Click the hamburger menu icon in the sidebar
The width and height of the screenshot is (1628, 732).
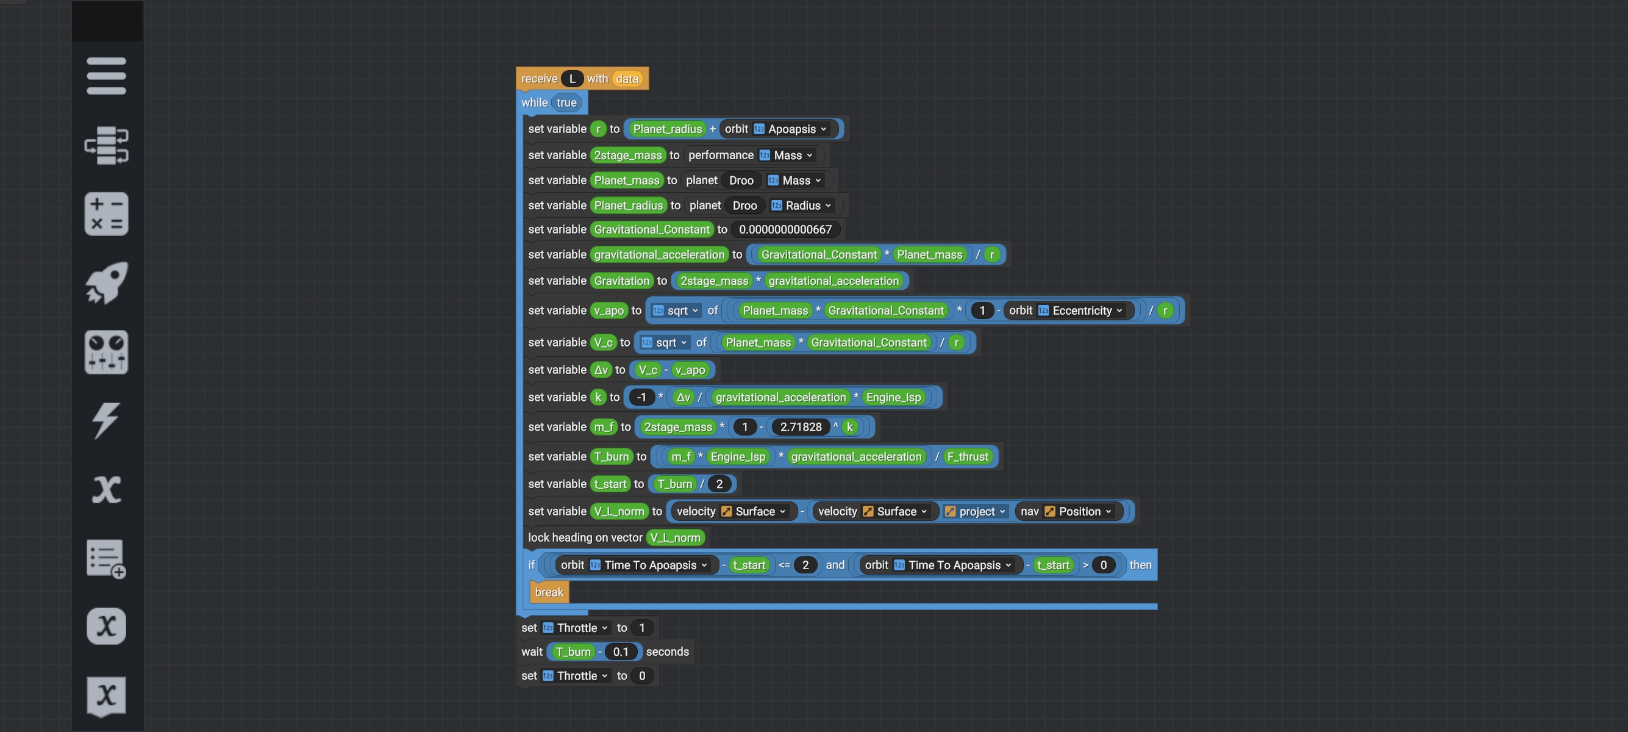pyautogui.click(x=106, y=76)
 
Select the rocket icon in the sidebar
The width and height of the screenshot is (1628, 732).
pyautogui.click(x=106, y=282)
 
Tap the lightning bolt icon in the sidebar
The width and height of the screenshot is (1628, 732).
pyautogui.click(x=106, y=420)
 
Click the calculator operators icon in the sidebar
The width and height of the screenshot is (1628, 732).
pyautogui.click(x=106, y=213)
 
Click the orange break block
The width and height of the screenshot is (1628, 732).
pyautogui.click(x=549, y=592)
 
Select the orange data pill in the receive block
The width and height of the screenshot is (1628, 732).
pyautogui.click(x=627, y=78)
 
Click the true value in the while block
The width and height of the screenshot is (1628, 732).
pyautogui.click(x=566, y=102)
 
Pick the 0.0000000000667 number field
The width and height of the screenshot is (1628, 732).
pyautogui.click(x=785, y=229)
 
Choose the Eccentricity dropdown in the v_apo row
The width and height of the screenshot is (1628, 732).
pyautogui.click(x=1080, y=310)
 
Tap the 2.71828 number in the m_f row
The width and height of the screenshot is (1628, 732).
pyautogui.click(x=801, y=426)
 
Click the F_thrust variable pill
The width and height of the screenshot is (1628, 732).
pyautogui.click(x=968, y=456)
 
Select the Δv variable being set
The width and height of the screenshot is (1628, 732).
pyautogui.click(x=601, y=370)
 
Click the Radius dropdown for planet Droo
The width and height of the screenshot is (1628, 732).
pyautogui.click(x=802, y=206)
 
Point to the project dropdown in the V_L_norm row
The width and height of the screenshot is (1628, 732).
pyautogui.click(x=975, y=511)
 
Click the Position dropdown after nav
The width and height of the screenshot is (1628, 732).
pyautogui.click(x=1078, y=511)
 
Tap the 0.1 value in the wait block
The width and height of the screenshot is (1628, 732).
pyautogui.click(x=621, y=651)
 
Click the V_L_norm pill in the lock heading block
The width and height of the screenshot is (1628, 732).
pyautogui.click(x=676, y=538)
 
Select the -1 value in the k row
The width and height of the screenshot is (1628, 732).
pyautogui.click(x=641, y=397)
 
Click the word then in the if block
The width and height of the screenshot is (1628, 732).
pyautogui.click(x=1140, y=565)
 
